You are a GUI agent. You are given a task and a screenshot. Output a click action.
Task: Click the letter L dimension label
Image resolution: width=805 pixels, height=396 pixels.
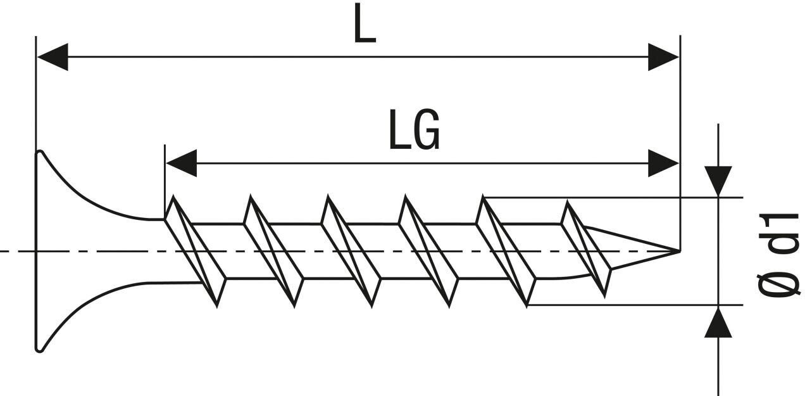[365, 25]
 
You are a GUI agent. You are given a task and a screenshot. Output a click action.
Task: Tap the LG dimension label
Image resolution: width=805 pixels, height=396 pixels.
[414, 131]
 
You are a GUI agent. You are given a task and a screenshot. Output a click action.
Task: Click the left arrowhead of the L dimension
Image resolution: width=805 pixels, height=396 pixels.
[53, 57]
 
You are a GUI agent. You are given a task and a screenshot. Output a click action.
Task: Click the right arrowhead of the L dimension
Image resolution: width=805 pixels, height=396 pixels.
[663, 57]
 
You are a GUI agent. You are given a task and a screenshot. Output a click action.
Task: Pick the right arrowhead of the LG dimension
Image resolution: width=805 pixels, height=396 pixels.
[663, 163]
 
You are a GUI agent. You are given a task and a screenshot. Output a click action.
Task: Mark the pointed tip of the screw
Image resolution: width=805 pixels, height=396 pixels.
[678, 252]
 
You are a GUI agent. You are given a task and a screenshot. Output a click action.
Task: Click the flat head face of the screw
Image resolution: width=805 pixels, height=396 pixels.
[36, 251]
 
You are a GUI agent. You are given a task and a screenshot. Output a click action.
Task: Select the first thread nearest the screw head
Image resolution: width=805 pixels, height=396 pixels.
[195, 251]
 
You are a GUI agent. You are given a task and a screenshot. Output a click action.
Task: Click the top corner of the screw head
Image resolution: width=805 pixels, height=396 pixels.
[39, 153]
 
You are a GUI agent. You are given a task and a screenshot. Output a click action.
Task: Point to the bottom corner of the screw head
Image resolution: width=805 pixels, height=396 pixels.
[39, 349]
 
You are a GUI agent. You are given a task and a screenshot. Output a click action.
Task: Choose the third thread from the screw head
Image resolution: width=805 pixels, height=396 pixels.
[350, 251]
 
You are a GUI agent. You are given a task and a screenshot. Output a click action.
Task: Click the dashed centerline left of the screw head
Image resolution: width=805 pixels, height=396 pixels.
[16, 252]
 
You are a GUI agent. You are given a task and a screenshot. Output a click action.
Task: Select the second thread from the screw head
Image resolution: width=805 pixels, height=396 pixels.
[273, 251]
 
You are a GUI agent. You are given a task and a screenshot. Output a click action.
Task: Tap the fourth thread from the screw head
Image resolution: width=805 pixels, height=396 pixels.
[427, 251]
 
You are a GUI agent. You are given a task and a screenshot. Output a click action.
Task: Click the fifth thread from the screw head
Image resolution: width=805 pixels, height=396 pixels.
[506, 251]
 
